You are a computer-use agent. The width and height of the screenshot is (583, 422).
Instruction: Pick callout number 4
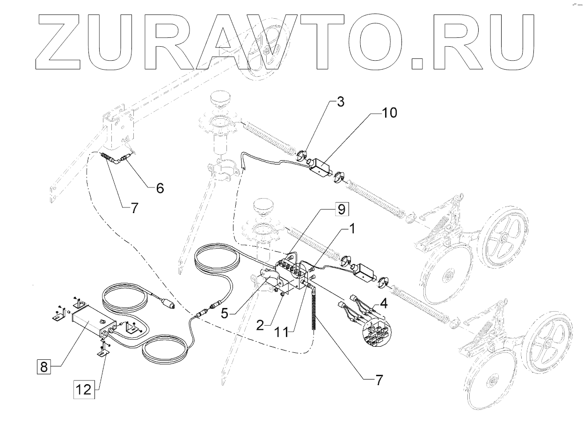(383, 303)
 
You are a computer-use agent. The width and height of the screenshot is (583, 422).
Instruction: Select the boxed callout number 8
(44, 366)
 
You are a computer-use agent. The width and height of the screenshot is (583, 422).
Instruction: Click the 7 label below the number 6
(134, 209)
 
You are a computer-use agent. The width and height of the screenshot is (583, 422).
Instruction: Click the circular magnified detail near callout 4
(377, 333)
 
